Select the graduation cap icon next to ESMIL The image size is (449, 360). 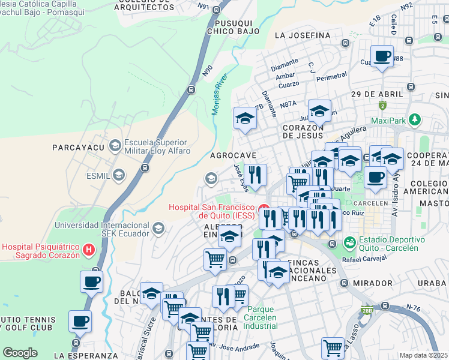coord(119,175)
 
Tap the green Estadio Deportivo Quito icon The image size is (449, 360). coord(349,243)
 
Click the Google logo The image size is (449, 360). coord(20,353)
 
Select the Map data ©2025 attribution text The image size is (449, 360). coord(424,355)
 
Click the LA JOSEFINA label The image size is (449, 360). coord(303,35)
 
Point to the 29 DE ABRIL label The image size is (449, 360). coord(376,95)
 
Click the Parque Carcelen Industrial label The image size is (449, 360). coord(261,317)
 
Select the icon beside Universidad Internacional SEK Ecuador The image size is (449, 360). coord(158,228)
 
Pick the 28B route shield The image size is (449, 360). coord(366,310)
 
